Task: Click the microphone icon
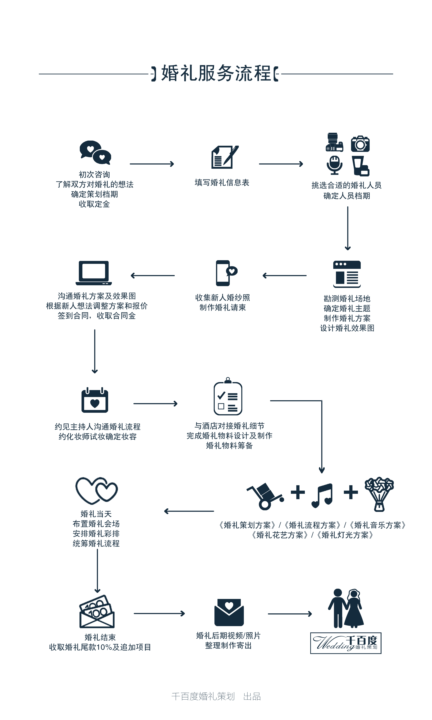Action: [334, 165]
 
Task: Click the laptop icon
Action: [94, 273]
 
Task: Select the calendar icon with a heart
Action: [95, 400]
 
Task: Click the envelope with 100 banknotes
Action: [97, 611]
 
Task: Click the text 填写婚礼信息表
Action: [222, 183]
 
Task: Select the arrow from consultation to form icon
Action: [152, 164]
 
